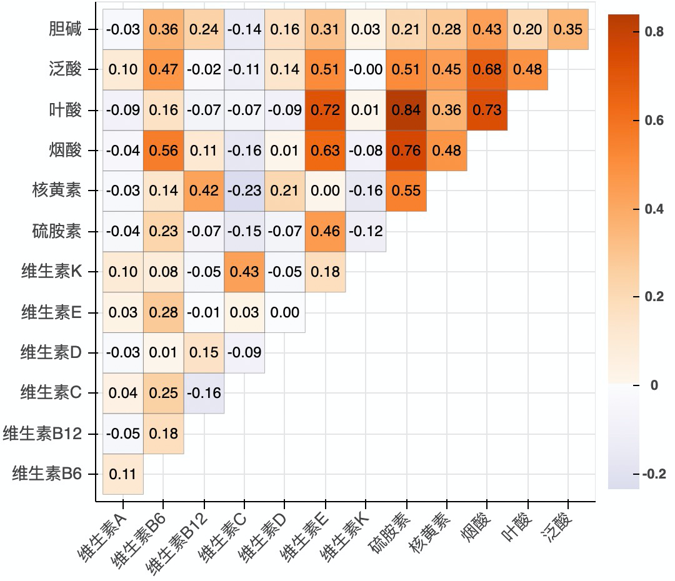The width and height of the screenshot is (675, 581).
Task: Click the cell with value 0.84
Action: pos(407,111)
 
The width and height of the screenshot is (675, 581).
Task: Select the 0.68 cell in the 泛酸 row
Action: pos(487,70)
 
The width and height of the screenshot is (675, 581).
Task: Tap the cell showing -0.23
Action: pos(244,191)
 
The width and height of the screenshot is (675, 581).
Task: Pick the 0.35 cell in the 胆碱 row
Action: pos(568,29)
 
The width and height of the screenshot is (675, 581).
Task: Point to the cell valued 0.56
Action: pos(164,151)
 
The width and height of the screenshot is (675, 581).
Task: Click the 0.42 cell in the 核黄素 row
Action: pos(204,191)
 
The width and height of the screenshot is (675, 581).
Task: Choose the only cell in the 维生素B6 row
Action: pos(123,474)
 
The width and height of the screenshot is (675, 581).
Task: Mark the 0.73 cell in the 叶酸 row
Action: pos(487,111)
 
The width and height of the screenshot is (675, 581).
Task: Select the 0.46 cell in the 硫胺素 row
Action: pos(326,232)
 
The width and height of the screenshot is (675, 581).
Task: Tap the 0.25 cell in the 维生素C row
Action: pos(164,394)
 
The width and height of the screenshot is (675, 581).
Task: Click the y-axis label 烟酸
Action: pos(65,151)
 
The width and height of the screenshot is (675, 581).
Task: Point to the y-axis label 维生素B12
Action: pos(43,434)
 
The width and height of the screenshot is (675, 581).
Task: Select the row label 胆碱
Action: pos(65,29)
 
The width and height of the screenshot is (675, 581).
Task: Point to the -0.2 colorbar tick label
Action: pos(654,474)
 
